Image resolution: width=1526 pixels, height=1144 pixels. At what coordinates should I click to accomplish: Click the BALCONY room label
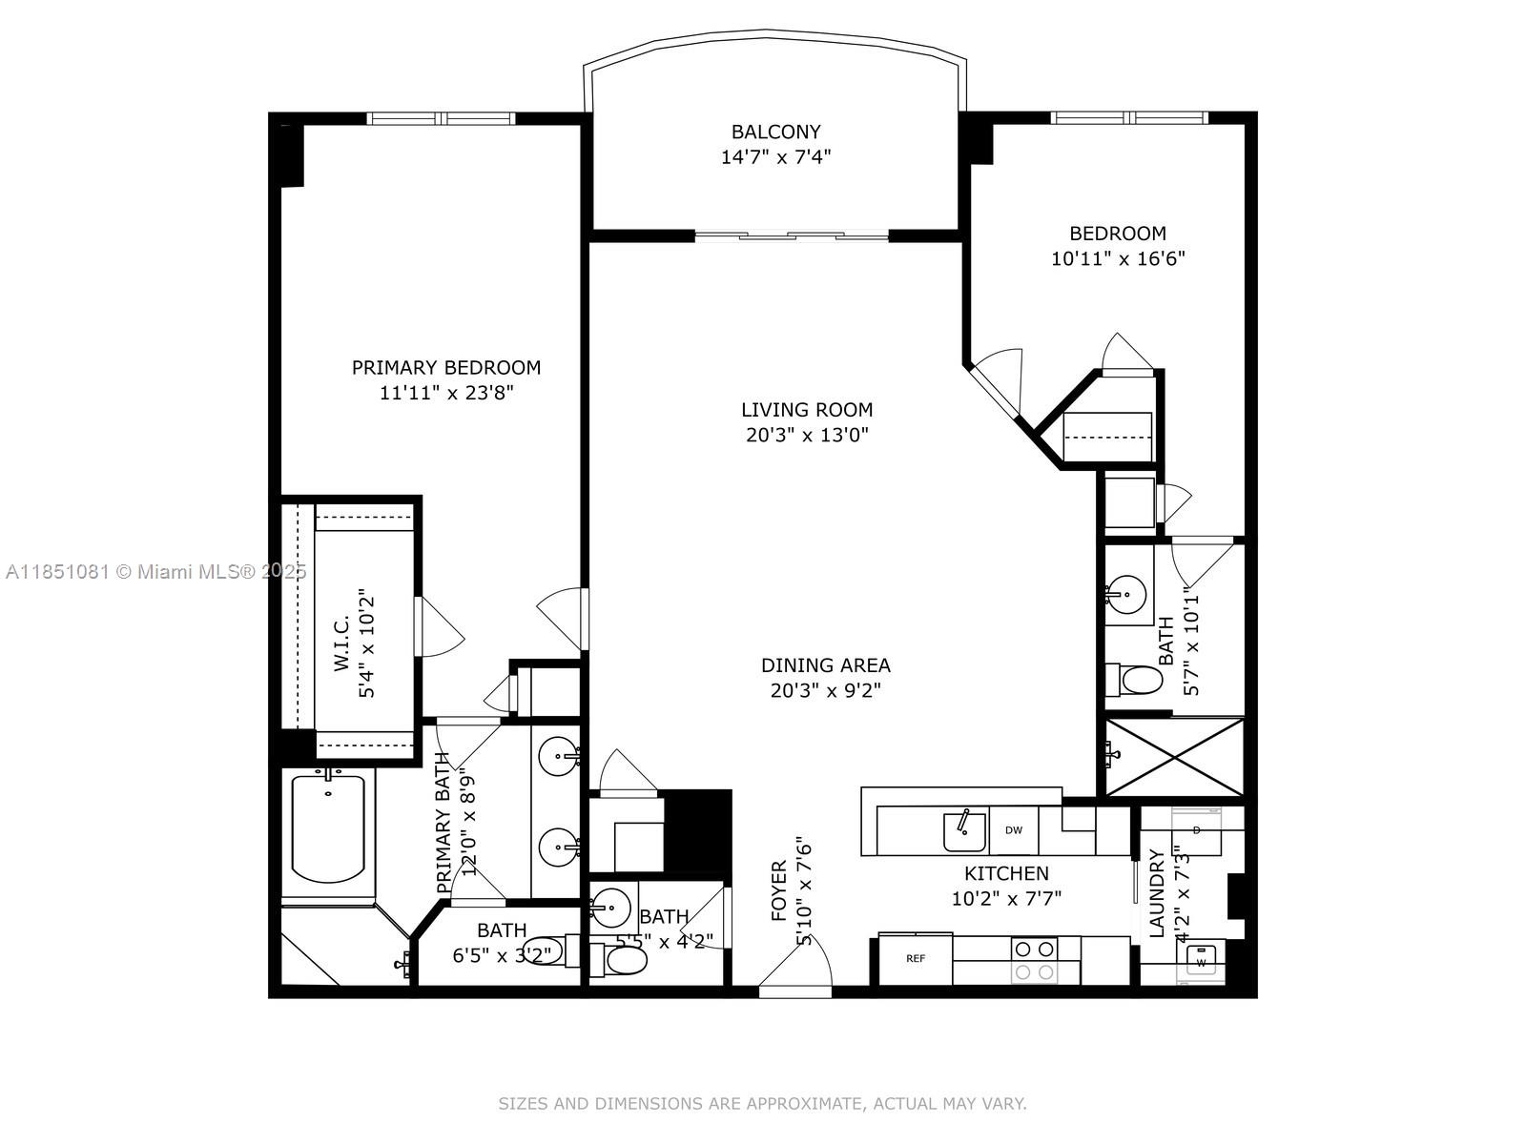point(775,132)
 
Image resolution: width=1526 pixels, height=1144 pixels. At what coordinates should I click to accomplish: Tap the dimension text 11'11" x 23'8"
point(446,393)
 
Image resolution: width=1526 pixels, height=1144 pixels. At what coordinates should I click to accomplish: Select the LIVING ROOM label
point(807,410)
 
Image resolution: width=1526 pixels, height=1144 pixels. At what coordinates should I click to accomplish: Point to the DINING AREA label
point(825,665)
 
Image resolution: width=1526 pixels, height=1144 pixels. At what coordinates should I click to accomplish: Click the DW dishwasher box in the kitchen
point(1013,830)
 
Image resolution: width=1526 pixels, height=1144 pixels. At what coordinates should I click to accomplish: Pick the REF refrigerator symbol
point(915,958)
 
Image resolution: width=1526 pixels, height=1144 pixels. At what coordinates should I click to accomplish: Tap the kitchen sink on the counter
point(964,831)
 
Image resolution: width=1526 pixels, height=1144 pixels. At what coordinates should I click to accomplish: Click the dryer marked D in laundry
point(1196,829)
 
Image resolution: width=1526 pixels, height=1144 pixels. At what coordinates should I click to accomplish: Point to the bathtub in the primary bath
point(328,827)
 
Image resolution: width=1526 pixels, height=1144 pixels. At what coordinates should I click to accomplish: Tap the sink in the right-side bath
point(1127,596)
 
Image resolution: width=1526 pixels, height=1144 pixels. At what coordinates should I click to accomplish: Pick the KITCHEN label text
point(1006,873)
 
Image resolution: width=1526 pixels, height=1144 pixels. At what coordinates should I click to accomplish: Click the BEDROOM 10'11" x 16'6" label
point(1117,245)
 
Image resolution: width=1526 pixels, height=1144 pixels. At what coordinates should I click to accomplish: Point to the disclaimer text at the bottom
point(762,1104)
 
